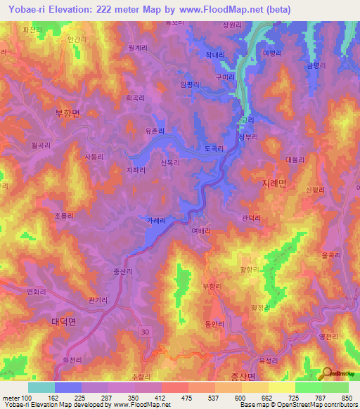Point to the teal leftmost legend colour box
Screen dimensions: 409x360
(41, 387)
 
